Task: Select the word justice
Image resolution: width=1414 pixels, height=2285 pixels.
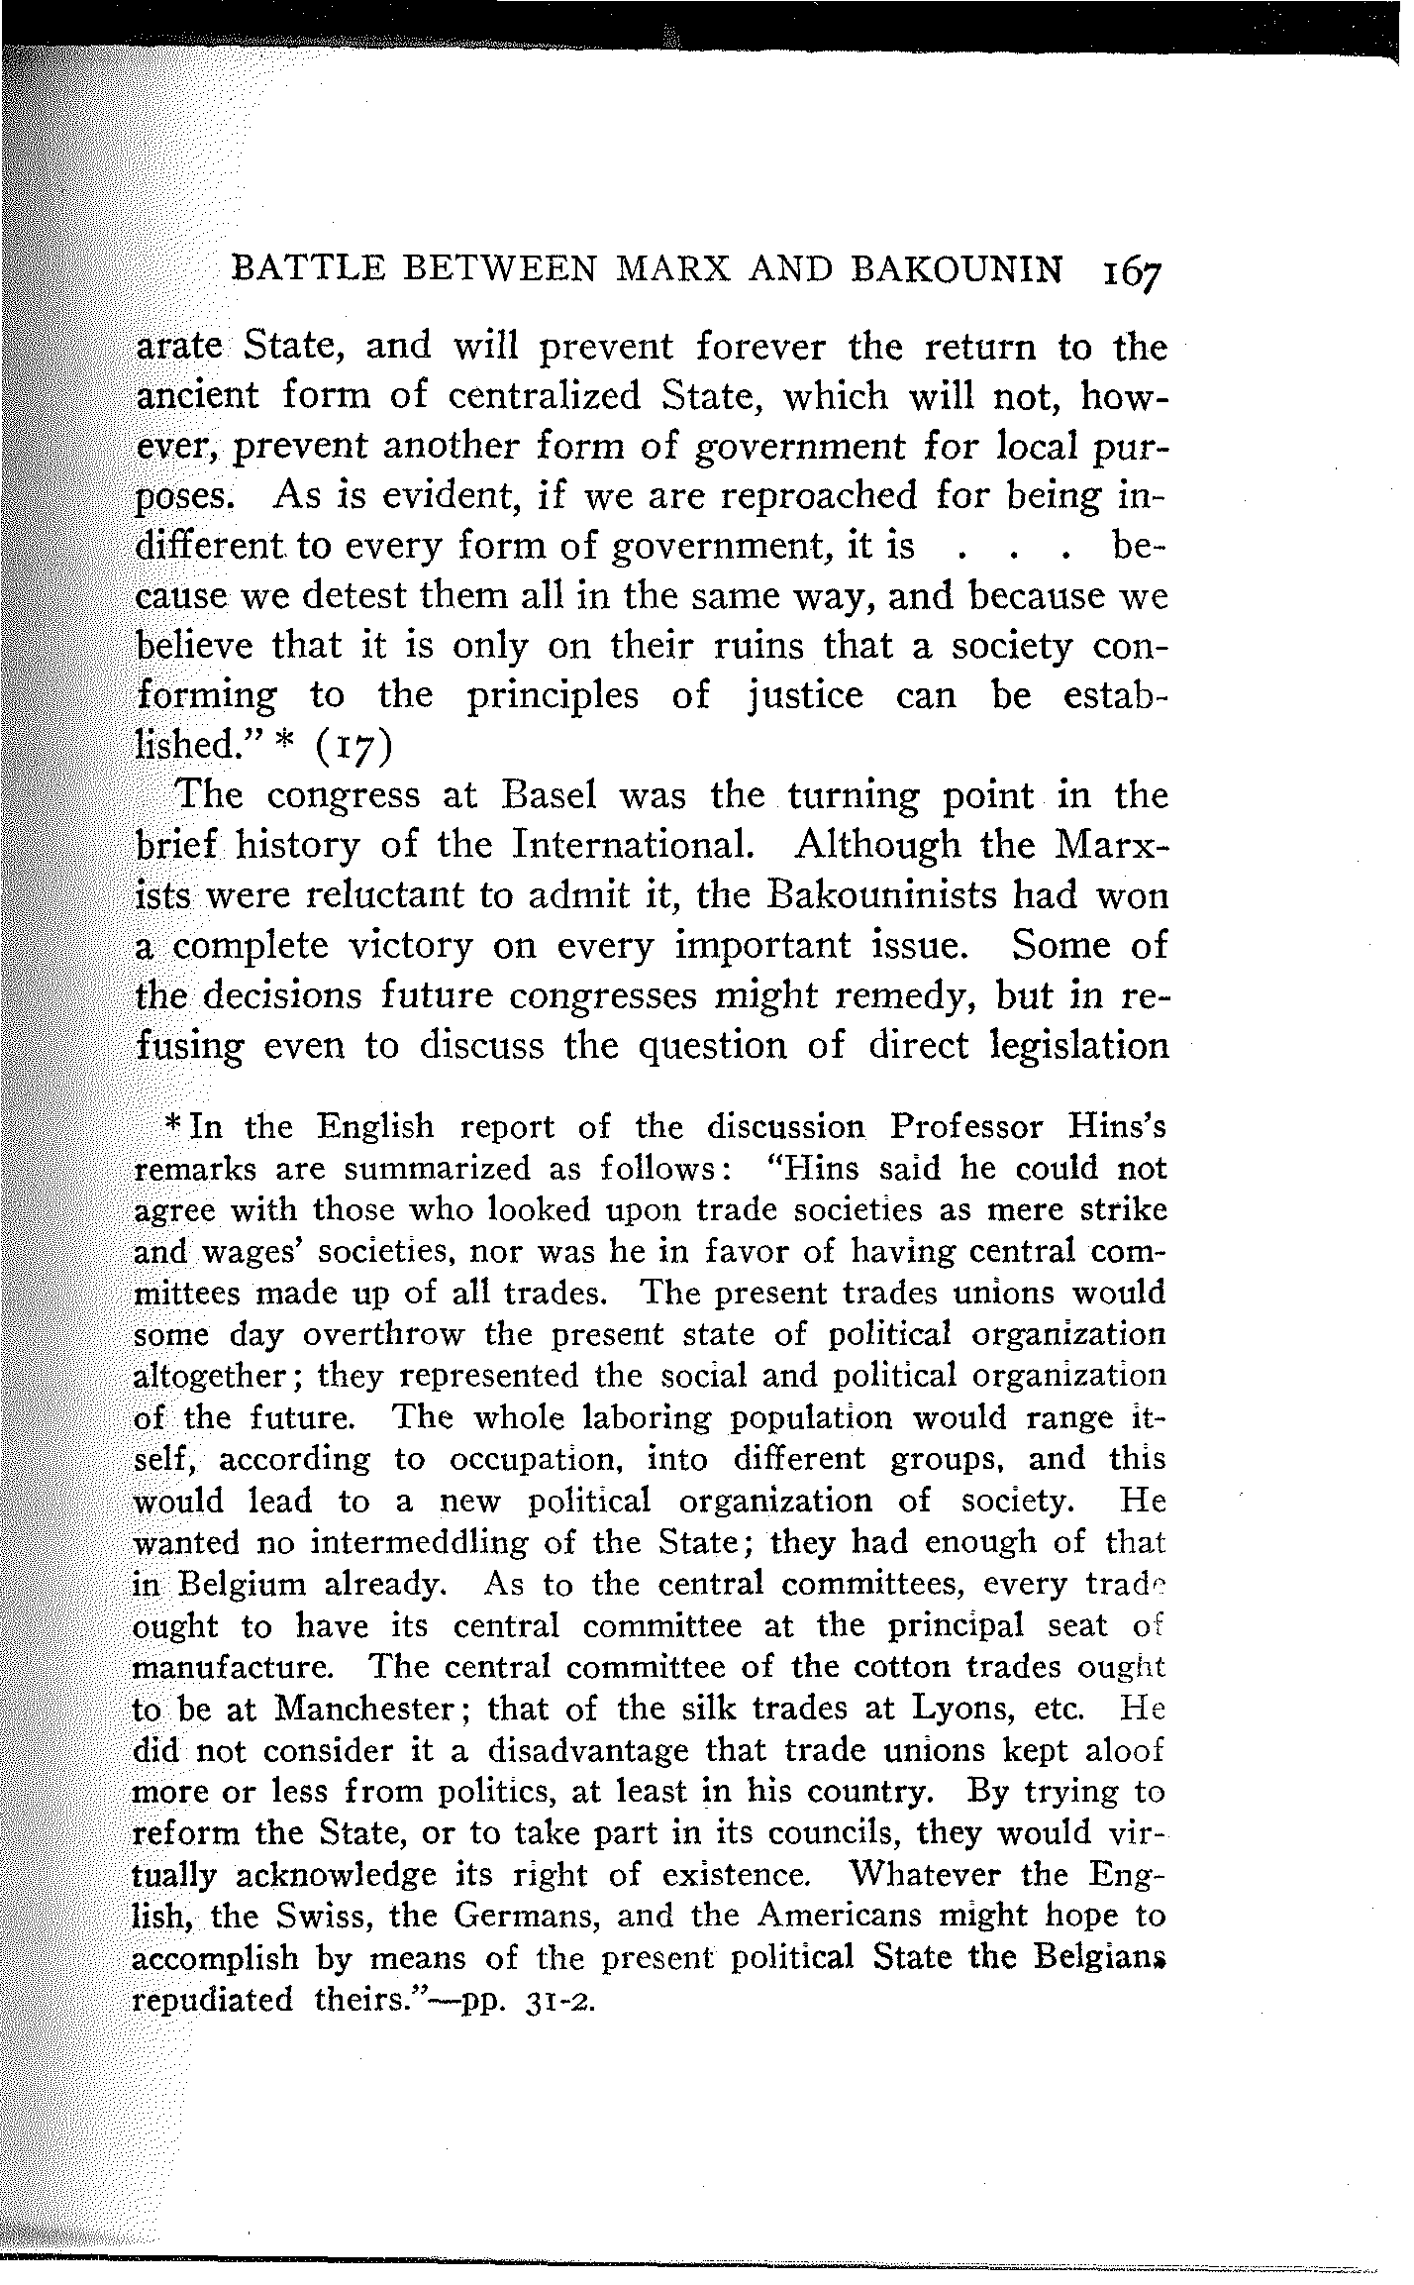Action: [800, 695]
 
